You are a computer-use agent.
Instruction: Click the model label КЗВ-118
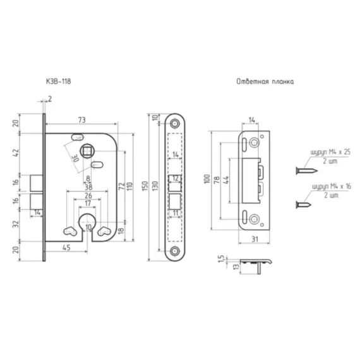click(59, 81)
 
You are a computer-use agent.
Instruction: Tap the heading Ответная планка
click(265, 81)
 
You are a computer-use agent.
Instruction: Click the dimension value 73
click(82, 120)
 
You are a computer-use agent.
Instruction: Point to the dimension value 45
click(66, 248)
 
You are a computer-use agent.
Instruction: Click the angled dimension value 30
click(75, 158)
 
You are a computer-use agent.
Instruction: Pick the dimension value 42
click(15, 153)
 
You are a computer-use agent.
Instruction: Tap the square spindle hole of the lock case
click(87, 151)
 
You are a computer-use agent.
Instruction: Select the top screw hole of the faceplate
click(175, 124)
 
